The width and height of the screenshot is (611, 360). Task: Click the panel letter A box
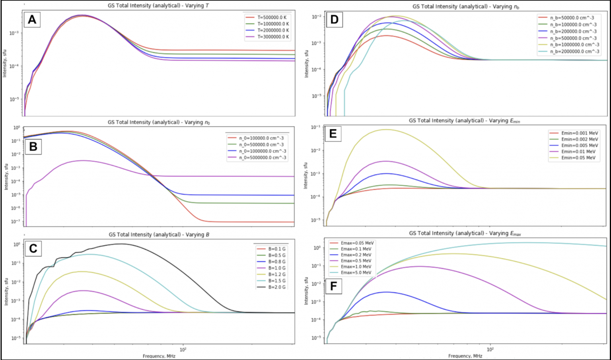[x=32, y=19]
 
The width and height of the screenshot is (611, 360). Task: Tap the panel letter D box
[x=334, y=19]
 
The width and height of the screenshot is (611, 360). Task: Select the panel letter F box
[x=333, y=286]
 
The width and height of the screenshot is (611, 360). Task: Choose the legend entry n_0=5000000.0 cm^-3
[x=262, y=158]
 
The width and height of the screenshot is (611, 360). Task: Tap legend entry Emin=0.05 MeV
[x=578, y=158]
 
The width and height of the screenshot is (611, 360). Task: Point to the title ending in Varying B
[x=159, y=235]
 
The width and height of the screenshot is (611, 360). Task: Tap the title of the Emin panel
[x=464, y=121]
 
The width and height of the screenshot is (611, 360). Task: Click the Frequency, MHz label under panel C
[x=159, y=356]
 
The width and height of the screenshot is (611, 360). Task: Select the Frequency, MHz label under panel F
[x=465, y=356]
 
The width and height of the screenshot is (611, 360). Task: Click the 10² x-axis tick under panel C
[x=183, y=350]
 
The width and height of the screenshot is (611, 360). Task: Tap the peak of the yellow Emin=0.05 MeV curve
[x=385, y=129]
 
